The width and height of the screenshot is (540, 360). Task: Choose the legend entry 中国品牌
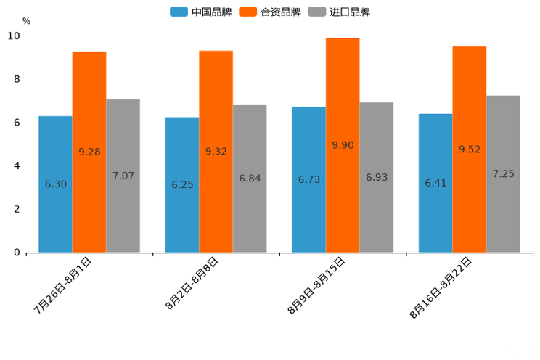pos(201,12)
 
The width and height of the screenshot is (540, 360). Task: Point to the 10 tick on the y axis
pos(14,36)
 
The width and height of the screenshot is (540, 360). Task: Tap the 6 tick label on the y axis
pos(17,123)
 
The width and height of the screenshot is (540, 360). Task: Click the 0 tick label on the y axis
pos(17,253)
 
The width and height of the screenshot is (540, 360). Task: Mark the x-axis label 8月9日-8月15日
pos(316,285)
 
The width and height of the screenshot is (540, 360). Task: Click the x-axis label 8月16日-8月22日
pos(441,287)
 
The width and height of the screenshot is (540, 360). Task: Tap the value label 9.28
pos(89,152)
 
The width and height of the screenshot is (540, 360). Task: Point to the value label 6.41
pos(435,183)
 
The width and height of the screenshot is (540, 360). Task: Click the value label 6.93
pos(377,177)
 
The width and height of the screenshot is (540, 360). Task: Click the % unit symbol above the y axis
pos(26,21)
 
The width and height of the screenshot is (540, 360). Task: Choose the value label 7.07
pos(123,176)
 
